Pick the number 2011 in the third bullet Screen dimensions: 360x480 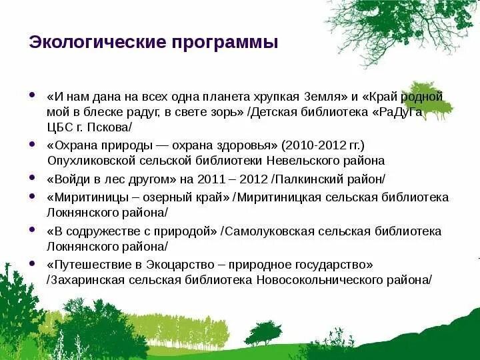tap(211, 179)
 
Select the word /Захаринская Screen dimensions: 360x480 tap(84, 279)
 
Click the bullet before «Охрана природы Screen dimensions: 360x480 tap(33, 143)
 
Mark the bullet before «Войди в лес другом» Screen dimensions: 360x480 tap(33, 177)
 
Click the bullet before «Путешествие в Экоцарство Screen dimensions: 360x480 tap(33, 263)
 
